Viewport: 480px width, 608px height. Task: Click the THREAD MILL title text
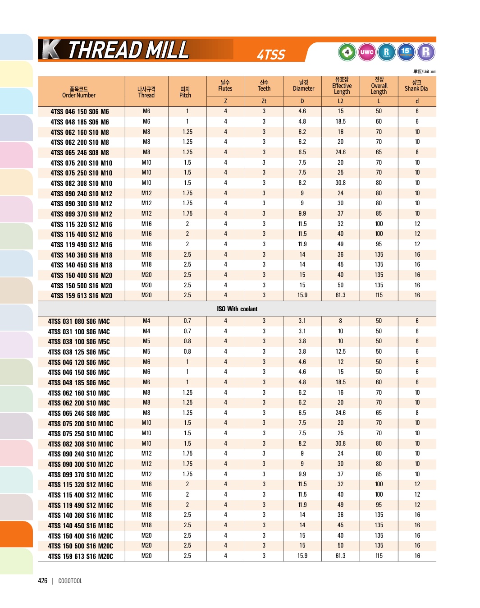click(x=128, y=50)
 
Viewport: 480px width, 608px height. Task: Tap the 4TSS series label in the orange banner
click(x=271, y=55)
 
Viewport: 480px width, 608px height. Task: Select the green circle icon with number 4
click(x=347, y=52)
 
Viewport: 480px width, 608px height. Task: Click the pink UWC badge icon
click(x=367, y=52)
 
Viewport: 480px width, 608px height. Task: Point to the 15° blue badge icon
click(x=406, y=52)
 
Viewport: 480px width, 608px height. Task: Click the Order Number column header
click(x=79, y=92)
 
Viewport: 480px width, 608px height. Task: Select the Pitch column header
click(x=185, y=92)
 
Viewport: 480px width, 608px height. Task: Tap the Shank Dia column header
click(x=416, y=86)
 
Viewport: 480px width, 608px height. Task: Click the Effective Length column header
click(x=342, y=86)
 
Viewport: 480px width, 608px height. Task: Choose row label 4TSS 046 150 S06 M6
click(x=80, y=112)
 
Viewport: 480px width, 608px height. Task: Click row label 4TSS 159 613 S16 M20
click(x=81, y=296)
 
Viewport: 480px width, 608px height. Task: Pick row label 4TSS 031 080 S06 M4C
click(x=79, y=322)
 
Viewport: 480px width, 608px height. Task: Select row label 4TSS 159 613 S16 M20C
click(x=80, y=557)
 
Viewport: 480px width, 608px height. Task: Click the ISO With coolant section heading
click(x=237, y=309)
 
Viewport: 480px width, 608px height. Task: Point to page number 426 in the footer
click(x=43, y=581)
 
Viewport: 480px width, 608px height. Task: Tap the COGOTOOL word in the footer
click(x=70, y=581)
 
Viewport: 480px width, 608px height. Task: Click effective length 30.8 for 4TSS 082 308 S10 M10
click(x=340, y=183)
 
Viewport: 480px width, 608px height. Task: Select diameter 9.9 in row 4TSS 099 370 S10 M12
click(x=302, y=214)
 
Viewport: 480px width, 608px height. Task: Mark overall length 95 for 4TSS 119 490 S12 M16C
click(x=379, y=505)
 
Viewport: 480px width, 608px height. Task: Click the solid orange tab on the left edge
click(x=16, y=534)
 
